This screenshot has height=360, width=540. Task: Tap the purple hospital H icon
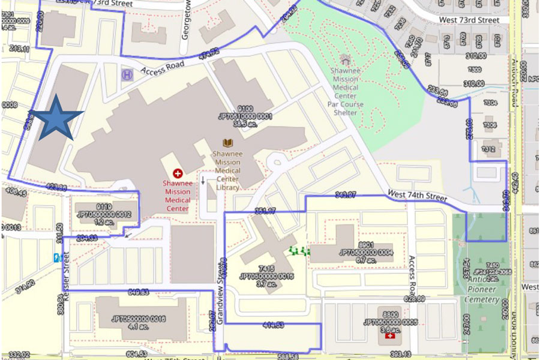coord(127,74)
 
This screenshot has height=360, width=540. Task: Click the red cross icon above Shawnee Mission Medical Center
coord(177,173)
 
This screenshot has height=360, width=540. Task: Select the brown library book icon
coord(227,143)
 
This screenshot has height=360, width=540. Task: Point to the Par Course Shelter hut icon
coord(345,59)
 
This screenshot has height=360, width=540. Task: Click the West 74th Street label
coord(419,195)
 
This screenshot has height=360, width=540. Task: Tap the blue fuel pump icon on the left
coord(57,258)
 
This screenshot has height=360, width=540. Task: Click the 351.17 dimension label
coord(265,211)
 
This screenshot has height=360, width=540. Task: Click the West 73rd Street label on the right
coord(469,20)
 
